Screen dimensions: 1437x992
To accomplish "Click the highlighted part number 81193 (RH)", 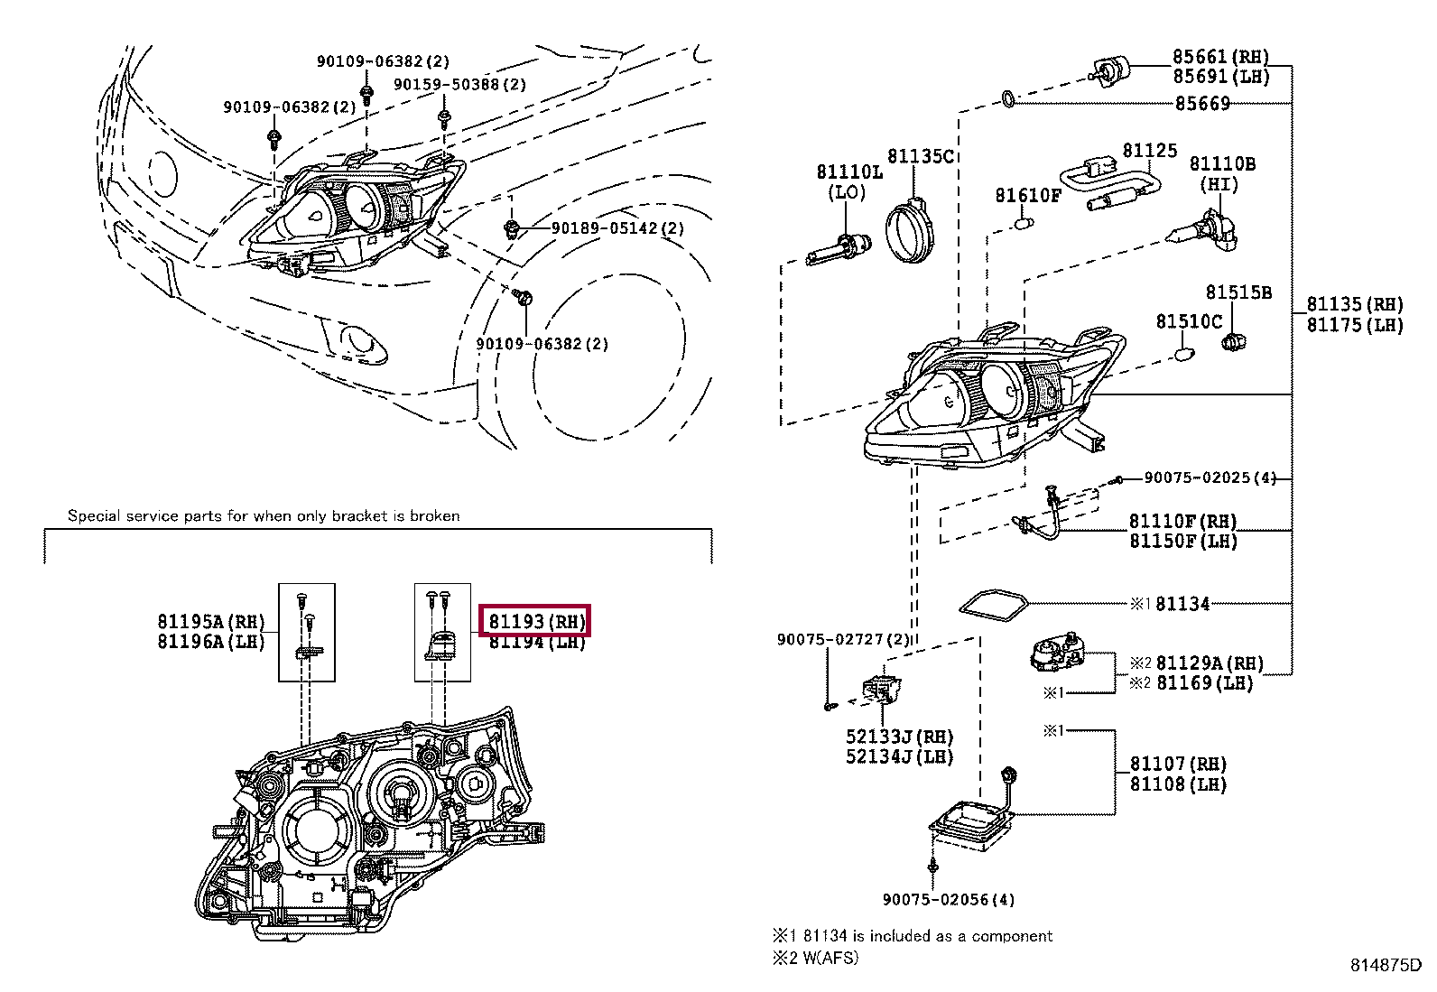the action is point(537,621).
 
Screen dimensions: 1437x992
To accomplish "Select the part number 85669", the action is point(1202,103).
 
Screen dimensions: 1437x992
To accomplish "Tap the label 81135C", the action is point(921,156).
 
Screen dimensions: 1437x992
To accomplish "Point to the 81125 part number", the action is point(1150,150).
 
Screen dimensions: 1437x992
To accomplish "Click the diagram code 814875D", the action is point(1386,965).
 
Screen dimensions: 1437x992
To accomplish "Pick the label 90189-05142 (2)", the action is point(617,227).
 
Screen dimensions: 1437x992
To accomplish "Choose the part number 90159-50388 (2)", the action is point(459,84).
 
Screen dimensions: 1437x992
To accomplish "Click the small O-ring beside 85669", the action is point(1008,99).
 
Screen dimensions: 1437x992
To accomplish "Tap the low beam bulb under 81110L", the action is point(839,249).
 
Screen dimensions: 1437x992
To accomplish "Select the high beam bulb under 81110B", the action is point(1206,232).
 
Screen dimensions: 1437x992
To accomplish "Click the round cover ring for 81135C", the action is point(910,229).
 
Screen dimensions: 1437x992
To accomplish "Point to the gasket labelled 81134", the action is point(993,606).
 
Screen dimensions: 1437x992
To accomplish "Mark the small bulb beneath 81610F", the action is point(1024,223).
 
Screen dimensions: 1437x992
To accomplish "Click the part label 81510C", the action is point(1189,320).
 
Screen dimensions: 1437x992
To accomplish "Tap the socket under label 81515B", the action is point(1234,342).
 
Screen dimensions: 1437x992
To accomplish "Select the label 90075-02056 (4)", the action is point(949,900).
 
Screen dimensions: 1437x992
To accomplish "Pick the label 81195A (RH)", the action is point(211,621).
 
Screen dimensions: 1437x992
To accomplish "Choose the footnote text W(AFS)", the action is point(830,958).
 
